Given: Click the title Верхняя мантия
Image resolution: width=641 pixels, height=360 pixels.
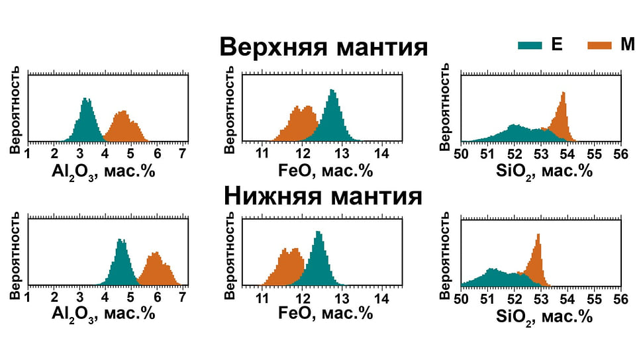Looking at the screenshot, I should pyautogui.click(x=324, y=48).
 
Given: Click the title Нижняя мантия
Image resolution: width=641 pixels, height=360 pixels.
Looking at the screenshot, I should pyautogui.click(x=323, y=196).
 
